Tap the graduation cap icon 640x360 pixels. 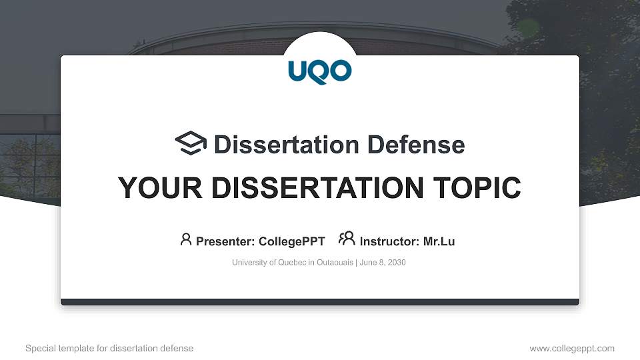pyautogui.click(x=191, y=144)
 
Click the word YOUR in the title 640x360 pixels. pyautogui.click(x=153, y=188)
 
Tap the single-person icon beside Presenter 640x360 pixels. pyautogui.click(x=186, y=239)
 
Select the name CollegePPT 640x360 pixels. pyautogui.click(x=291, y=241)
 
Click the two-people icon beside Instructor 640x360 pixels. pyautogui.click(x=347, y=239)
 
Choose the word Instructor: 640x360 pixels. pyautogui.click(x=389, y=241)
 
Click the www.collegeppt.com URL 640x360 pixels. pyautogui.click(x=572, y=348)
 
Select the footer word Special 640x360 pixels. pyautogui.click(x=40, y=348)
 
